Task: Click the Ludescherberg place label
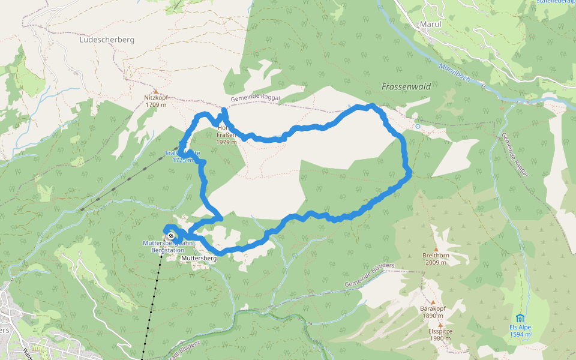click(x=107, y=40)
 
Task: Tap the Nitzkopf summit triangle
click(x=155, y=91)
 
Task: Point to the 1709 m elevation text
click(x=155, y=105)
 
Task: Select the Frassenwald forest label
click(x=406, y=86)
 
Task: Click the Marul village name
click(x=430, y=25)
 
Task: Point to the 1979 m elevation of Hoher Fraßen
click(x=227, y=142)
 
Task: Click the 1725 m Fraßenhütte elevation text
click(x=182, y=160)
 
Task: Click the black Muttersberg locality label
click(x=199, y=258)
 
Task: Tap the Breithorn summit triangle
click(x=436, y=249)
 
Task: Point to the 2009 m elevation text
click(x=436, y=262)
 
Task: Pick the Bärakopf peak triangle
click(x=433, y=302)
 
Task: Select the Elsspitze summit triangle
click(x=440, y=325)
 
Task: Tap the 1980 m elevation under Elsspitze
click(x=440, y=338)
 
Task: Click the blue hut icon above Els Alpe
click(x=520, y=318)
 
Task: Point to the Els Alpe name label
click(x=520, y=328)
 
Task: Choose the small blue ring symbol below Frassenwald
click(x=418, y=127)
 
